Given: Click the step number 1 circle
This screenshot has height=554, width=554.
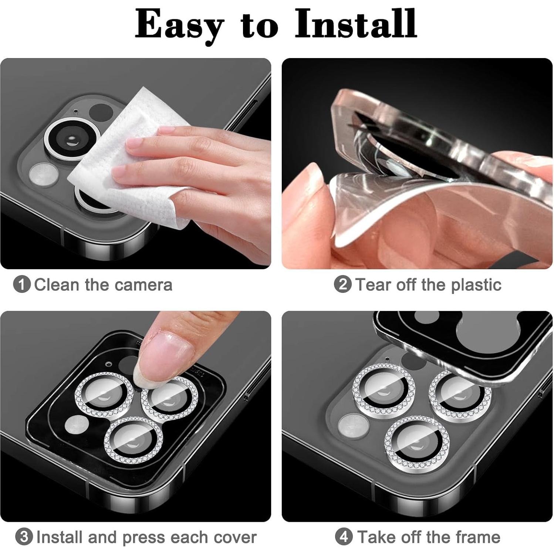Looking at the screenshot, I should tap(21, 285).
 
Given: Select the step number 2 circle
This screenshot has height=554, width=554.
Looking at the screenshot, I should tap(342, 285).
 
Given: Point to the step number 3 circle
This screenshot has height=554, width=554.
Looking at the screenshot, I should tap(24, 537).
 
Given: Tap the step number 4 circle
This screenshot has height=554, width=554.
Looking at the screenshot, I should tap(344, 537).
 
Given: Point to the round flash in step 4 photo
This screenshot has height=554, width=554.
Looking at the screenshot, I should tap(353, 426).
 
